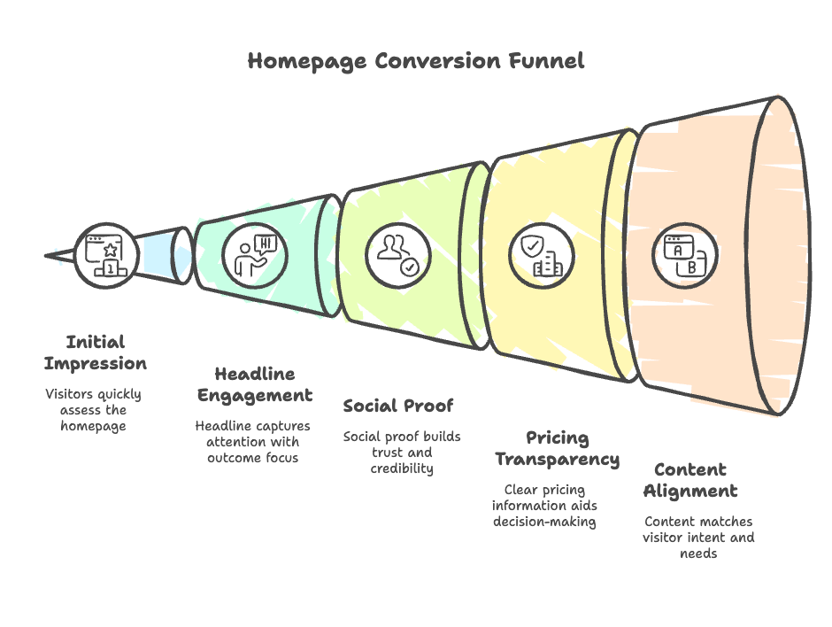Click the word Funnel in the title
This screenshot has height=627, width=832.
coord(546,60)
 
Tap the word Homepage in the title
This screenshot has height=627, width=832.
coord(307,62)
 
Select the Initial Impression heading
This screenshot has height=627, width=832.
coord(96,352)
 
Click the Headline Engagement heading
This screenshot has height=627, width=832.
coord(255,385)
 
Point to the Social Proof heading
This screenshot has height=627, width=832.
coord(398,406)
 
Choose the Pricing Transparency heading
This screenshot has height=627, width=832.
coord(557,449)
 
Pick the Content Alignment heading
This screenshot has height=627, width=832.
coord(690,481)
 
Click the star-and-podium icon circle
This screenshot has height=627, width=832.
coord(106,255)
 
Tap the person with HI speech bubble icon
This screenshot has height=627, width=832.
coord(255,255)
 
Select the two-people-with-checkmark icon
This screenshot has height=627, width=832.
coord(398,255)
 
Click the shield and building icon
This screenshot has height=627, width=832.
coord(541,255)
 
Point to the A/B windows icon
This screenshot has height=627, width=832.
coord(684,255)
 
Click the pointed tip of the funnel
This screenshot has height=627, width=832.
coord(46,256)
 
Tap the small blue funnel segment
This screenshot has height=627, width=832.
coord(162,255)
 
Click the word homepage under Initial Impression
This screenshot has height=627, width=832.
coord(94,426)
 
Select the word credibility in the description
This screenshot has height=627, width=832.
coord(402,468)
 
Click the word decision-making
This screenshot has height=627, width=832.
coord(544,522)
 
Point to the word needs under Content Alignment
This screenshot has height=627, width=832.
coord(698,553)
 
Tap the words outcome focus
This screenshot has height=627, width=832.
coord(252,458)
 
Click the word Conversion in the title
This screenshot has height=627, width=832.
coord(438,60)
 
